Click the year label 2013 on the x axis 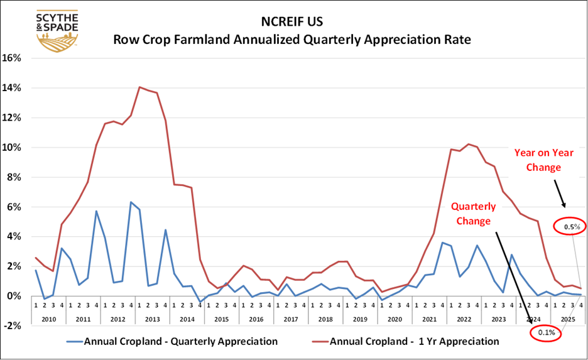(x=151, y=319)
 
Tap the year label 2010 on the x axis (x=48, y=319)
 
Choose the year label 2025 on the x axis (x=565, y=319)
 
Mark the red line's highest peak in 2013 (x=139, y=87)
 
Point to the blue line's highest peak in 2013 (x=130, y=202)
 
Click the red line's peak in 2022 (x=468, y=145)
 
